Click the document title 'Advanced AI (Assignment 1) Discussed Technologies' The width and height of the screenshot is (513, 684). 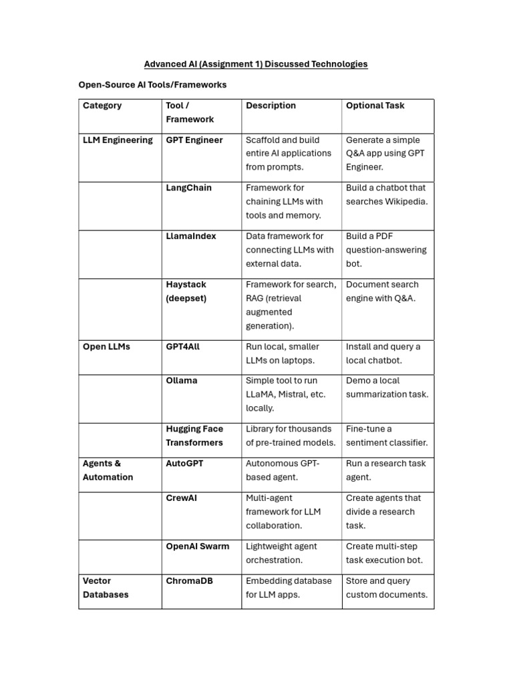tap(256, 64)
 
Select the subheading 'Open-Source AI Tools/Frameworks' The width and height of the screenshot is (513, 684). tap(152, 85)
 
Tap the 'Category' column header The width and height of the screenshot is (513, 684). tap(102, 106)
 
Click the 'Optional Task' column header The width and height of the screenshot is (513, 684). tap(375, 106)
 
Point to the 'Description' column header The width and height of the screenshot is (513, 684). tap(271, 106)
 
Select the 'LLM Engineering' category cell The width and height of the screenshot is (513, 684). tap(118, 140)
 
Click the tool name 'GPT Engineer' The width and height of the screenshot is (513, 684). tap(194, 140)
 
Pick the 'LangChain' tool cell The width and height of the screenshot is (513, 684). tap(188, 188)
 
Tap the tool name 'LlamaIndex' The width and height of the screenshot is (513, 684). tap(191, 236)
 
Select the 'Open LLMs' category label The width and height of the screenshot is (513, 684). tap(106, 347)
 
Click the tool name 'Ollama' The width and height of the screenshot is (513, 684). tap(181, 381)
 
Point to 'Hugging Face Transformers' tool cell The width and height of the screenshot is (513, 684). tap(194, 436)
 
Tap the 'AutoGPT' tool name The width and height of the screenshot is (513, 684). tap(184, 464)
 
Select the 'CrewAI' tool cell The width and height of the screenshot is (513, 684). tap(181, 498)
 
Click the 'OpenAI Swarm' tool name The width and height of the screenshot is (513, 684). tap(197, 546)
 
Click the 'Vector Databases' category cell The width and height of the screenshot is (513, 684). tap(106, 588)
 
